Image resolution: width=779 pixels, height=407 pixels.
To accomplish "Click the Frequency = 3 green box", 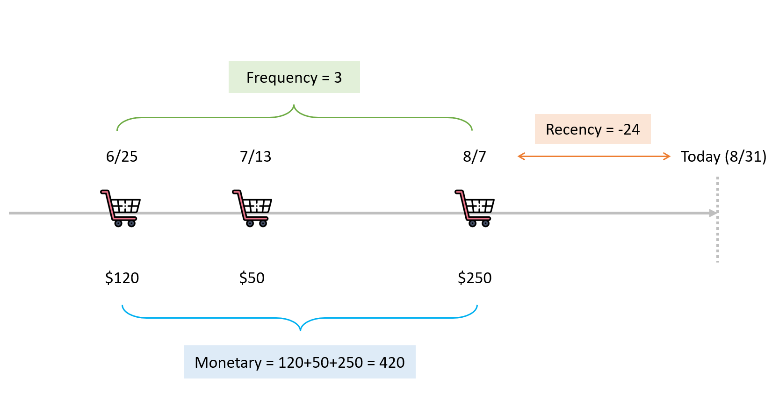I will pyautogui.click(x=294, y=77).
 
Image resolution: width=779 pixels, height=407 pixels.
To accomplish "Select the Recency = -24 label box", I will pyautogui.click(x=592, y=129).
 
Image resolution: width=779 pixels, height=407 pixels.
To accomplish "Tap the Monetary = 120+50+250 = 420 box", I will pyautogui.click(x=299, y=362).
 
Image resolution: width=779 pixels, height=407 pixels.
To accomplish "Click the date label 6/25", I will pyautogui.click(x=122, y=157).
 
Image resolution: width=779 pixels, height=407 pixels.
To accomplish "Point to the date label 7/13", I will pyautogui.click(x=255, y=157).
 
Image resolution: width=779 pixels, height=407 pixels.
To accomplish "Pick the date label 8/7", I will pyautogui.click(x=474, y=157).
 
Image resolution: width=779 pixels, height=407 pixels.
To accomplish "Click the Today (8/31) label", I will pyautogui.click(x=723, y=157).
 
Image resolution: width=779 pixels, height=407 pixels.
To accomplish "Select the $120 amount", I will pyautogui.click(x=122, y=278).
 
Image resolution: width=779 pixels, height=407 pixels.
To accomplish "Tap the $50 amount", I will pyautogui.click(x=252, y=278).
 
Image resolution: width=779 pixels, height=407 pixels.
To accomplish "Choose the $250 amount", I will pyautogui.click(x=474, y=278).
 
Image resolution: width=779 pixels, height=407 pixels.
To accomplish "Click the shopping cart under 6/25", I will pyautogui.click(x=121, y=208).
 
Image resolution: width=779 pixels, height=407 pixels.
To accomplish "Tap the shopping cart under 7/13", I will pyautogui.click(x=252, y=208).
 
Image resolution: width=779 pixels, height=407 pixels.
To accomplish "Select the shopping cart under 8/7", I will pyautogui.click(x=475, y=208).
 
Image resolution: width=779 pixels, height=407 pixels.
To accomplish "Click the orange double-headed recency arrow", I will pyautogui.click(x=594, y=157).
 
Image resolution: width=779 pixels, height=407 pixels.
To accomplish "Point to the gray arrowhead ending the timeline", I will pyautogui.click(x=713, y=213).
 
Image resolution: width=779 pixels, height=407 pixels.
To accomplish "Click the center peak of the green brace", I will pyautogui.click(x=294, y=107).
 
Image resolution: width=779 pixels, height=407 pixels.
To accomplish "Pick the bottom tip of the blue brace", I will pyautogui.click(x=300, y=329).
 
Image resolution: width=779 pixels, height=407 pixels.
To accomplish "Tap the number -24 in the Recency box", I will pyautogui.click(x=629, y=129).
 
